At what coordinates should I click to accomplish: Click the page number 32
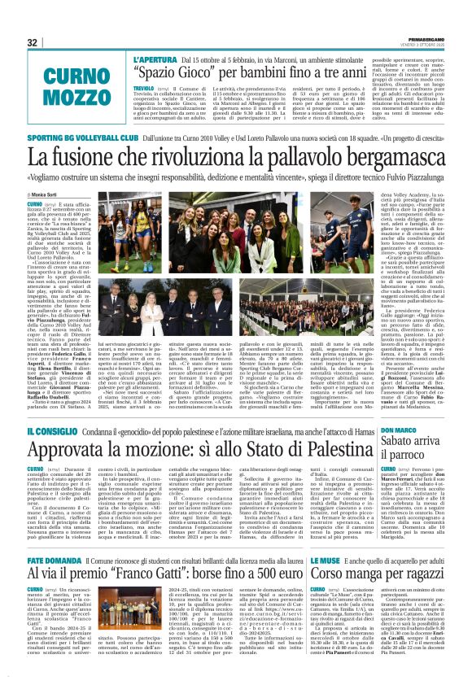(x=33, y=42)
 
